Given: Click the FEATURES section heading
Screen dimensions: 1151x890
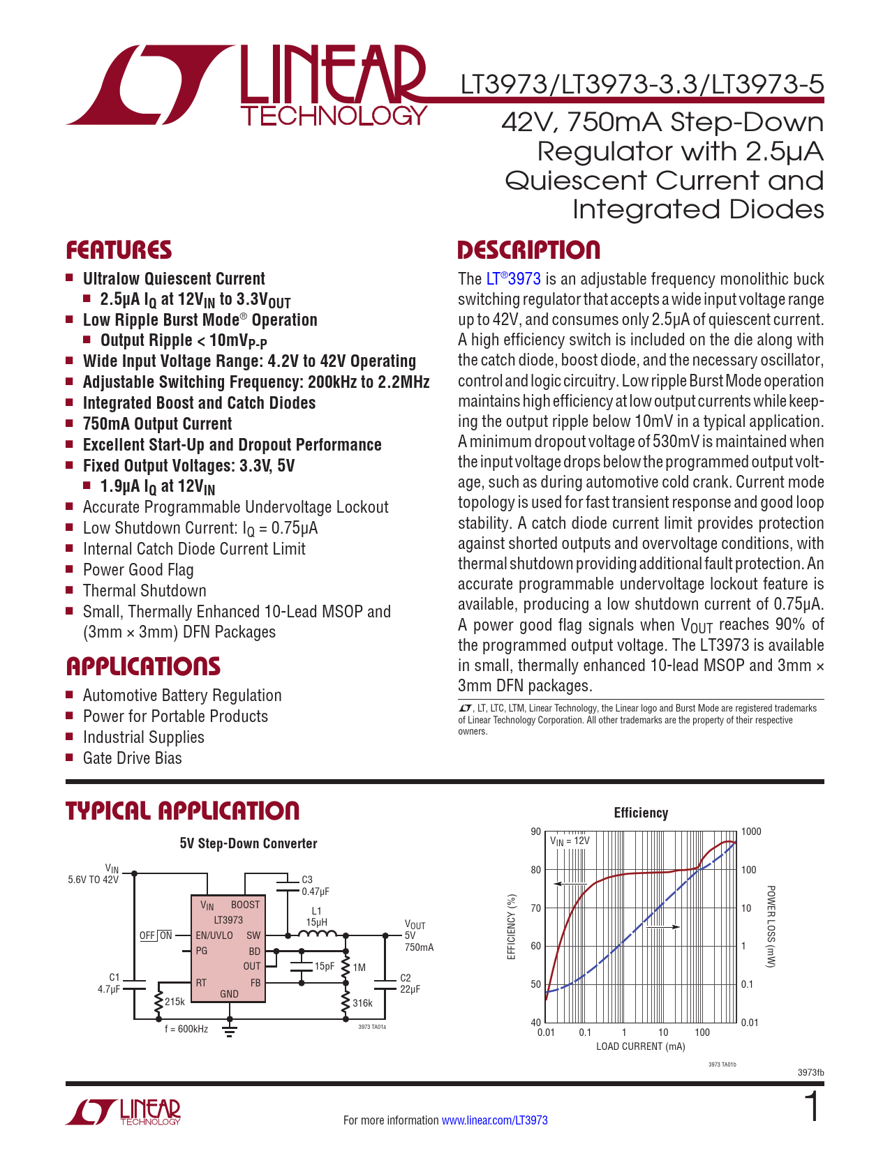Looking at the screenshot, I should (119, 250).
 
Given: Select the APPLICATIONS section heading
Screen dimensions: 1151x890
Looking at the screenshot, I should (143, 666).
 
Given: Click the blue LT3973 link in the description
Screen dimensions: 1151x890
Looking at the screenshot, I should (514, 279).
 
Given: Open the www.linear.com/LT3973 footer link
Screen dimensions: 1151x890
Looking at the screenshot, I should (494, 1120).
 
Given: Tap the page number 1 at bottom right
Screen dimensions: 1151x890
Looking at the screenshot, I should (813, 1108).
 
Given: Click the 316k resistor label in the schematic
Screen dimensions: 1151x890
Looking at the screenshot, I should (362, 1003).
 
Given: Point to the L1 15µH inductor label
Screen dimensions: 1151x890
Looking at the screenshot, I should (316, 917).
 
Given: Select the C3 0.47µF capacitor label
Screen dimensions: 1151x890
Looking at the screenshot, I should (314, 886).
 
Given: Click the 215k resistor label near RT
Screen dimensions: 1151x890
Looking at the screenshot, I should (175, 1002).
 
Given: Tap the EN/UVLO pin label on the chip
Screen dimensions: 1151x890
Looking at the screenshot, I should (214, 935).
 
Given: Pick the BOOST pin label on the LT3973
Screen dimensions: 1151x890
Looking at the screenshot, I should (245, 905).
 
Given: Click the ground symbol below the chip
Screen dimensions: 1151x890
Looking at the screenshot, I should (230, 1030).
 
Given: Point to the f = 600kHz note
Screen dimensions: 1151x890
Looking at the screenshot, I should (186, 1029).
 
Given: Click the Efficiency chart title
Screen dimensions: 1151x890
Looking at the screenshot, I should (641, 813).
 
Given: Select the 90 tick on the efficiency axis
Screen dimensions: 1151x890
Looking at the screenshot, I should (535, 832).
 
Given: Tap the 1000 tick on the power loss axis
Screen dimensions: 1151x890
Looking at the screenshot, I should (751, 832).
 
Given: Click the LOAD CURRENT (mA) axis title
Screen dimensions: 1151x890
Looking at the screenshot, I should (640, 1046).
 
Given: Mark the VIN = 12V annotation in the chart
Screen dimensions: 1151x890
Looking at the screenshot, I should (570, 841).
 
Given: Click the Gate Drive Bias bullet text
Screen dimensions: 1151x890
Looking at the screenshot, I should (132, 758).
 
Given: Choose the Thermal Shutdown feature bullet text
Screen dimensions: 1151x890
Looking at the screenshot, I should (144, 591).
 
